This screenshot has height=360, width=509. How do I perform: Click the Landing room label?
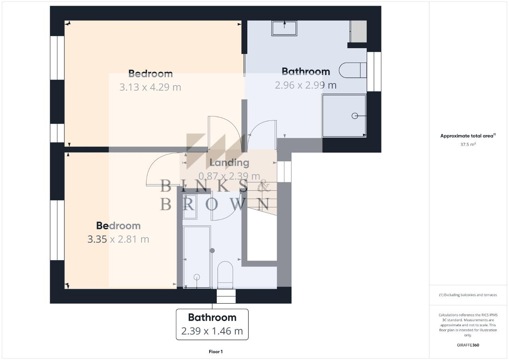[x=229, y=163]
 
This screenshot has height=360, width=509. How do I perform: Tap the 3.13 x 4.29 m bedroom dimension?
[x=150, y=87]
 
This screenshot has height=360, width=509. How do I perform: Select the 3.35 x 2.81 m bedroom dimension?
[x=118, y=239]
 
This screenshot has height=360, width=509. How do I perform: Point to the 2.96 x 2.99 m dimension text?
[x=306, y=85]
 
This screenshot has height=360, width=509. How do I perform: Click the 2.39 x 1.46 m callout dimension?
[x=212, y=331]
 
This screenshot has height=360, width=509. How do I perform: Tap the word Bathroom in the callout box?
[x=212, y=317]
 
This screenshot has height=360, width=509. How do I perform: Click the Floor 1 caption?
[x=216, y=352]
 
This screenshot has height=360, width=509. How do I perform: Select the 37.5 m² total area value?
[x=468, y=144]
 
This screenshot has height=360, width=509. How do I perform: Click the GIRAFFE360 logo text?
[x=468, y=345]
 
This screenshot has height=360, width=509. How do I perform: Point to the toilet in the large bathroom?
[x=352, y=70]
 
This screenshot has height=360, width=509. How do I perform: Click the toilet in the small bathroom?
[x=225, y=275]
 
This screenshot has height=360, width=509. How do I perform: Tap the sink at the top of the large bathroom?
[x=284, y=28]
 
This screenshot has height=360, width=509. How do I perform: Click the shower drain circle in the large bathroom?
[x=355, y=116]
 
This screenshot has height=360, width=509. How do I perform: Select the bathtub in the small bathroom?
[x=196, y=257]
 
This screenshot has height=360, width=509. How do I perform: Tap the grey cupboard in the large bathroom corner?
[x=359, y=31]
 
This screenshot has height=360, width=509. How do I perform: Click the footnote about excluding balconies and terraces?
[x=468, y=295]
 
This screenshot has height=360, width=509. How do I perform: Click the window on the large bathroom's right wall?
[x=374, y=72]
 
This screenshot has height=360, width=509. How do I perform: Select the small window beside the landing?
[x=284, y=172]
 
